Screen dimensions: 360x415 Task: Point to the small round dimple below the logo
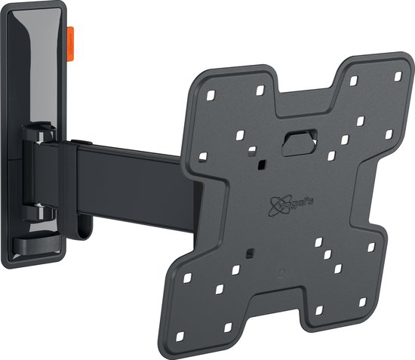pyautogui.click(x=281, y=271)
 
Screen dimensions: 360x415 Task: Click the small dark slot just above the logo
pyautogui.click(x=260, y=164)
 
